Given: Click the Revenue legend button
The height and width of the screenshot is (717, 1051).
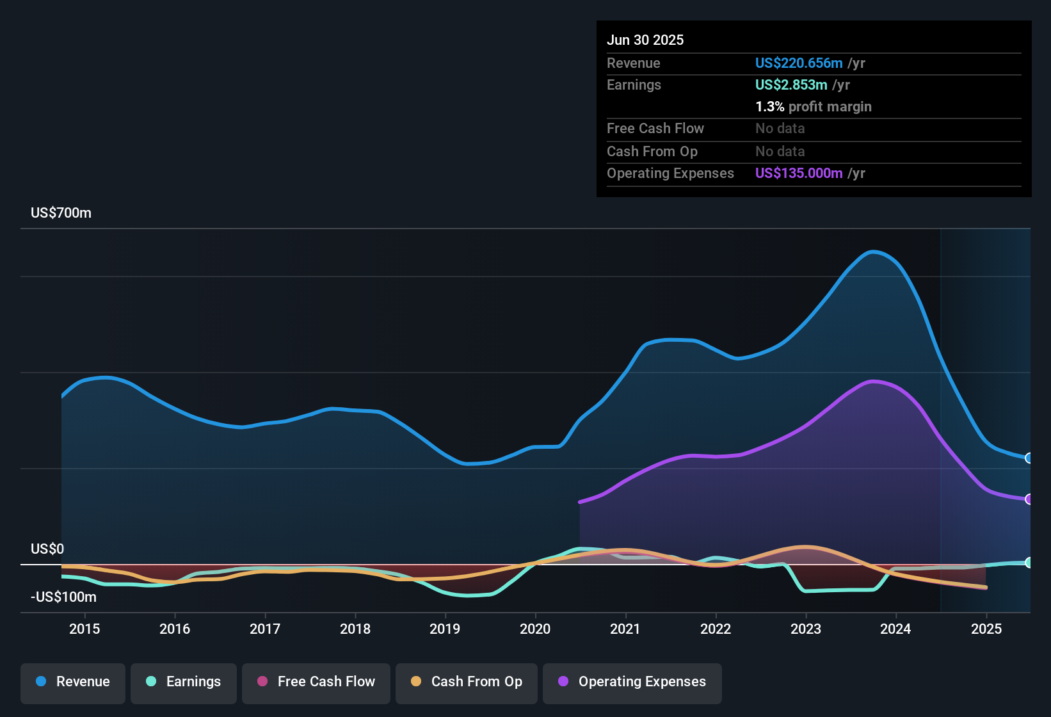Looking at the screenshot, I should (x=73, y=682).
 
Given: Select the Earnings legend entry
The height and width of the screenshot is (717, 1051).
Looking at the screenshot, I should (x=184, y=682).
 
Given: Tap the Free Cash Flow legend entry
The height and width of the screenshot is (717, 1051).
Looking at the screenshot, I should (x=316, y=682).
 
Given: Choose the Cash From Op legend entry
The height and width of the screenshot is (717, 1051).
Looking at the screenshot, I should (x=467, y=682).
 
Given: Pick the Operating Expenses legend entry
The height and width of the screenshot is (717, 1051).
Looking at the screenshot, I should (x=632, y=682).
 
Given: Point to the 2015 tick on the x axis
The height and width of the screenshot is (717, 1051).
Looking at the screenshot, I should (x=84, y=629).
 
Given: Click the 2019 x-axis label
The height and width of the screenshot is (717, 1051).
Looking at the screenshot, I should (x=445, y=629).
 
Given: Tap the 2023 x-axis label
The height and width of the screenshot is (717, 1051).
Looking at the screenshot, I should (x=806, y=629).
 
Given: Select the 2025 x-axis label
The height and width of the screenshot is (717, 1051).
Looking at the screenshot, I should (x=986, y=629).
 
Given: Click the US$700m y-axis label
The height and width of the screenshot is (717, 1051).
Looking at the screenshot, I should (x=61, y=213).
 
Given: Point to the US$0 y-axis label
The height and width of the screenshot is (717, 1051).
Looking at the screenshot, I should (x=47, y=549).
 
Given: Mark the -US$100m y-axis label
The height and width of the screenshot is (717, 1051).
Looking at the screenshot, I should (x=63, y=597).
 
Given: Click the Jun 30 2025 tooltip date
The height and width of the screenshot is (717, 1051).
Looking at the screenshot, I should (x=645, y=40).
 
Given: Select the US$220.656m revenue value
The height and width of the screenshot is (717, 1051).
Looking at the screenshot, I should (x=798, y=63).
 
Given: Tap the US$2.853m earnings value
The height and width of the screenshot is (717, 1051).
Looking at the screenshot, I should (x=791, y=85).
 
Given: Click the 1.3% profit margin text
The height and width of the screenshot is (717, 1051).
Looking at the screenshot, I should (x=813, y=106).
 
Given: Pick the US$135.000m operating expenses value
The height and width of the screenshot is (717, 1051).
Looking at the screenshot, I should (x=798, y=173).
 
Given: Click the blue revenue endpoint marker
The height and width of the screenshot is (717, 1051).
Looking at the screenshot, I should (x=1029, y=458).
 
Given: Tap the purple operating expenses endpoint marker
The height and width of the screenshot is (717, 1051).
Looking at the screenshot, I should (x=1029, y=499).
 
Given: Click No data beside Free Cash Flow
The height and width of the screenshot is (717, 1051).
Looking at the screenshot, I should (x=780, y=128).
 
